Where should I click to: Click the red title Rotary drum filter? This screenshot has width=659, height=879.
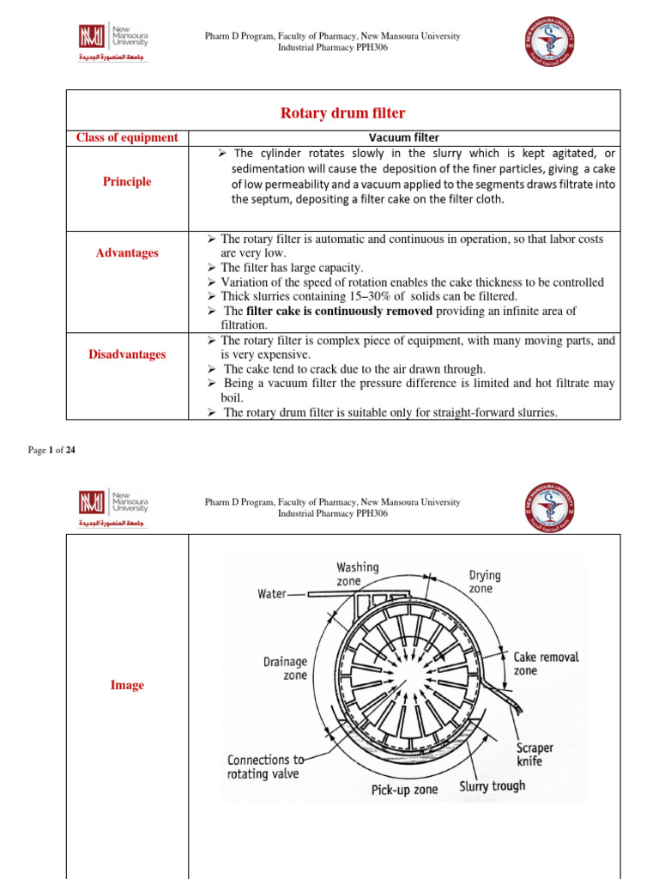(343, 113)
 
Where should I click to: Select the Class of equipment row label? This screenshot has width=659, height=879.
(127, 137)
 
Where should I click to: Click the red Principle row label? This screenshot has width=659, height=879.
(127, 182)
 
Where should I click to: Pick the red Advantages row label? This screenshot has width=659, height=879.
(127, 253)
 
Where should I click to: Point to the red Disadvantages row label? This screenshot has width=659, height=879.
(127, 355)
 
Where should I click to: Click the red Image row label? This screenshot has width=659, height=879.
(127, 686)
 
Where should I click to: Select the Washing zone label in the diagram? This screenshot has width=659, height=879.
(357, 574)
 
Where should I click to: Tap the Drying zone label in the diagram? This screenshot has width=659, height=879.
(485, 581)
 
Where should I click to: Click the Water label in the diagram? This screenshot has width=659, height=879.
(273, 593)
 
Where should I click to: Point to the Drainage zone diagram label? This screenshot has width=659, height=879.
(285, 669)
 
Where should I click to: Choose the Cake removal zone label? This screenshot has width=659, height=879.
(546, 664)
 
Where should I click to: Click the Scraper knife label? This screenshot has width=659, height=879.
(535, 755)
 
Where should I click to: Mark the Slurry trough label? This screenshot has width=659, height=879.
(493, 785)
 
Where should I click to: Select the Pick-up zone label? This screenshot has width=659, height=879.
(404, 790)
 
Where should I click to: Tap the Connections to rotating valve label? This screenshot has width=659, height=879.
(265, 767)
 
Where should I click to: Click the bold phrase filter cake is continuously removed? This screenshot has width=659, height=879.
(339, 311)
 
